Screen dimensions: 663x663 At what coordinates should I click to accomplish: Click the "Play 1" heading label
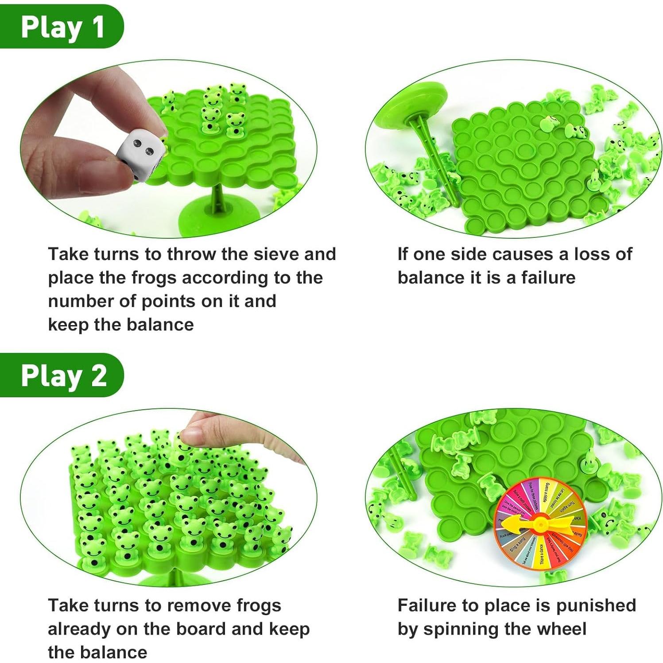click(x=62, y=27)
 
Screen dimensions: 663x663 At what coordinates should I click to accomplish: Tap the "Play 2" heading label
click(x=63, y=376)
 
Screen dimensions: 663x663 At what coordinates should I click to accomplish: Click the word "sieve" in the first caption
click(x=272, y=254)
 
